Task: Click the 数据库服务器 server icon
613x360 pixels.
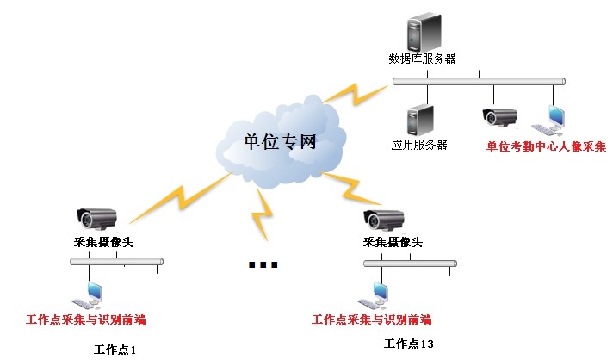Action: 422,32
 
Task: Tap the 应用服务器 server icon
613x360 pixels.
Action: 418,119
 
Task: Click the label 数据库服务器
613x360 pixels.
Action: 422,59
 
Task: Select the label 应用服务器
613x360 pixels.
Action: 418,146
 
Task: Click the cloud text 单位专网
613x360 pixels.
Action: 280,141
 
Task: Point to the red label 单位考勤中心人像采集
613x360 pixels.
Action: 546,146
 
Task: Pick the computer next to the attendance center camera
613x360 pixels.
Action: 549,121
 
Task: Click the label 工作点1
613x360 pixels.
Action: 115,349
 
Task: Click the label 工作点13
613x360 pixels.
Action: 408,344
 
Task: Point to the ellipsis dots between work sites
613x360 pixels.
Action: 263,264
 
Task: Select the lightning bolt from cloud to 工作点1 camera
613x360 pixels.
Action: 181,196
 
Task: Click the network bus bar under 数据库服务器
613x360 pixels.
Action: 479,82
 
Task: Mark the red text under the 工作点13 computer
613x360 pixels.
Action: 371,320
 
